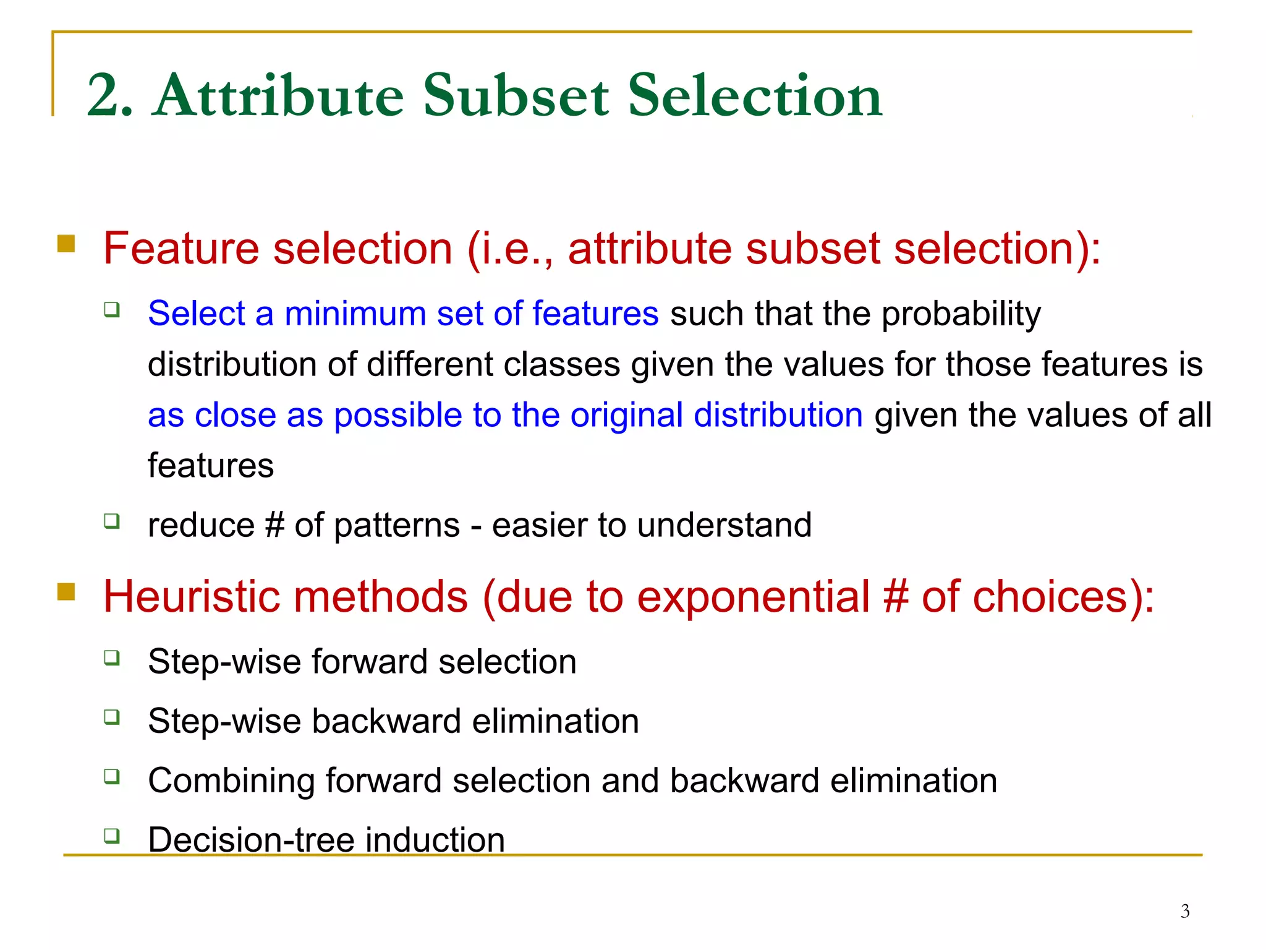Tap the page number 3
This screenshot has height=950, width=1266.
coord(1184,911)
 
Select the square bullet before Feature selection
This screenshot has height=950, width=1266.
coord(66,244)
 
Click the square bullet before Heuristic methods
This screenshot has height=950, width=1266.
coord(66,592)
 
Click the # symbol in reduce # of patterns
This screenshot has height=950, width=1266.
coord(274,526)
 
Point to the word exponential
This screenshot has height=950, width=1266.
coord(754,598)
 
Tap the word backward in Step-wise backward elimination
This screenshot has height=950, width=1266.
coord(386,722)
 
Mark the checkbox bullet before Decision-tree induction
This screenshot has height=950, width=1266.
coord(112,836)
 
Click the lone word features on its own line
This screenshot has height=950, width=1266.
coord(210,466)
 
